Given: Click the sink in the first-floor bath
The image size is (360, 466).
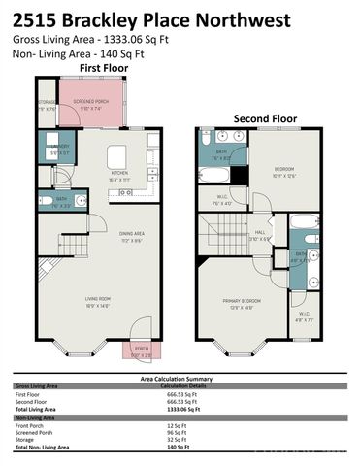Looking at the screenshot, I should click(80, 200).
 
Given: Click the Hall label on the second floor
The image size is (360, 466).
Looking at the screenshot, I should click(260, 234).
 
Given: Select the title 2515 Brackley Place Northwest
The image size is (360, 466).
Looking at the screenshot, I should click(145, 17).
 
